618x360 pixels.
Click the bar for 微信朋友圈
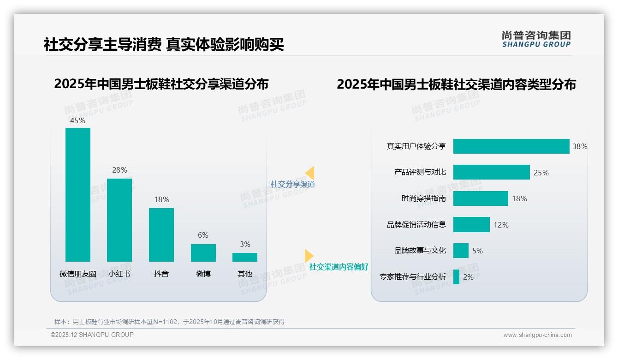click(x=78, y=194)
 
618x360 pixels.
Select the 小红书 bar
click(x=119, y=220)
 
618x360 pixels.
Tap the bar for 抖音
click(x=161, y=234)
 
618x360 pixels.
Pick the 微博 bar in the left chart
click(x=203, y=252)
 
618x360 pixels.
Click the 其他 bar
click(x=245, y=257)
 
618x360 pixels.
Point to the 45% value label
click(x=77, y=120)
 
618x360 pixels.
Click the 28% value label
click(x=119, y=170)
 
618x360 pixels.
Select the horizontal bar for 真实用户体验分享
click(x=511, y=146)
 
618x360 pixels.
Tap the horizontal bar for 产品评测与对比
click(x=491, y=172)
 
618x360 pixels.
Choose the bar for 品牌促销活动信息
click(x=471, y=224)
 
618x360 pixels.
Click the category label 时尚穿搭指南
click(x=423, y=198)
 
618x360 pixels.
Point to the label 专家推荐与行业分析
click(x=413, y=277)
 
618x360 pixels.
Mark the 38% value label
click(x=580, y=146)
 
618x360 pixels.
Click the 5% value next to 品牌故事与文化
click(x=477, y=251)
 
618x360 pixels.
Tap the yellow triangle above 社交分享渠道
click(x=310, y=173)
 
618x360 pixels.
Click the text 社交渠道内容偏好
click(x=339, y=267)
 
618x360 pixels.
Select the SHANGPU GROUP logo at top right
click(x=536, y=39)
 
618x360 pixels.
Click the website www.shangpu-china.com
click(x=537, y=335)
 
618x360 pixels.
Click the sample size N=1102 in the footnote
click(x=165, y=322)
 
